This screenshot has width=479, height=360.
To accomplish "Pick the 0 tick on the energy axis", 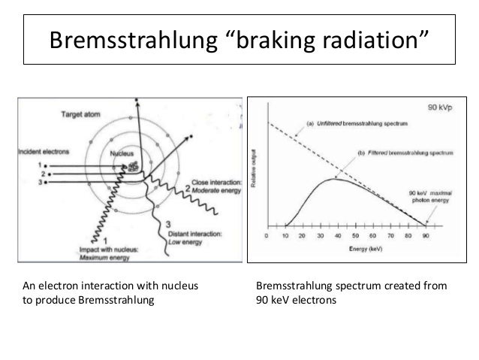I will (267, 236).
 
